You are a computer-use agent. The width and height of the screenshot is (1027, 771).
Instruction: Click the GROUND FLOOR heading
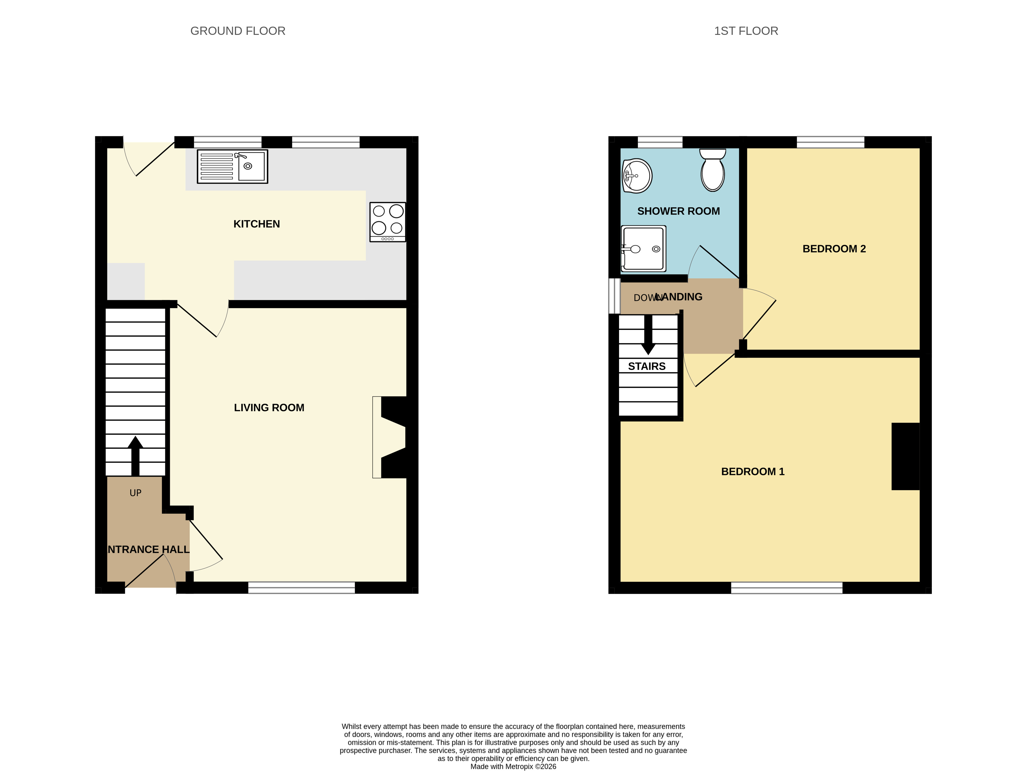(x=238, y=31)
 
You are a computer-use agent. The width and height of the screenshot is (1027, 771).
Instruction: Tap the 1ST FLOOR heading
(x=746, y=31)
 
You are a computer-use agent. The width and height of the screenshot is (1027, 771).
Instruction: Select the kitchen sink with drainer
(x=233, y=166)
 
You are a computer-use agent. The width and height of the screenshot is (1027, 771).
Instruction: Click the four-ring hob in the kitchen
(x=388, y=222)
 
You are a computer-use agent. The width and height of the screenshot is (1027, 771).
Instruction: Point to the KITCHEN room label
(x=257, y=224)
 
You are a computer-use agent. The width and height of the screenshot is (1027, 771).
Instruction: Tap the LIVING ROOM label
(x=269, y=407)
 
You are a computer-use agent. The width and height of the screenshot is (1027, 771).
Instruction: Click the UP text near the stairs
(x=136, y=493)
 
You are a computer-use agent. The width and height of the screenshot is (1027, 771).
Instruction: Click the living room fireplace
(x=390, y=437)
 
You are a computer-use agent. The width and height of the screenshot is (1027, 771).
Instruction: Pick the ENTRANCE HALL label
(x=148, y=550)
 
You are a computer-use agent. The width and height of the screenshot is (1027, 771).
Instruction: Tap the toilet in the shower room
(x=713, y=170)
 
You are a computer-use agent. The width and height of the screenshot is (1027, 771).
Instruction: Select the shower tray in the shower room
(x=643, y=248)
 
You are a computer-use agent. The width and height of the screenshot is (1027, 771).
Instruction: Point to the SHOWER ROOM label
(x=679, y=211)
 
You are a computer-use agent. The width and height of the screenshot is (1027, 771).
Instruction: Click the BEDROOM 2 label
(x=834, y=249)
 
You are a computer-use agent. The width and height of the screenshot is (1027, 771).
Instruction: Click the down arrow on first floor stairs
(x=648, y=335)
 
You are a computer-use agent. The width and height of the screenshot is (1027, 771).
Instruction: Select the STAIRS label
(x=647, y=366)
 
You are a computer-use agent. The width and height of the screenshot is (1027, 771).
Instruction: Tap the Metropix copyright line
(x=514, y=766)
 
